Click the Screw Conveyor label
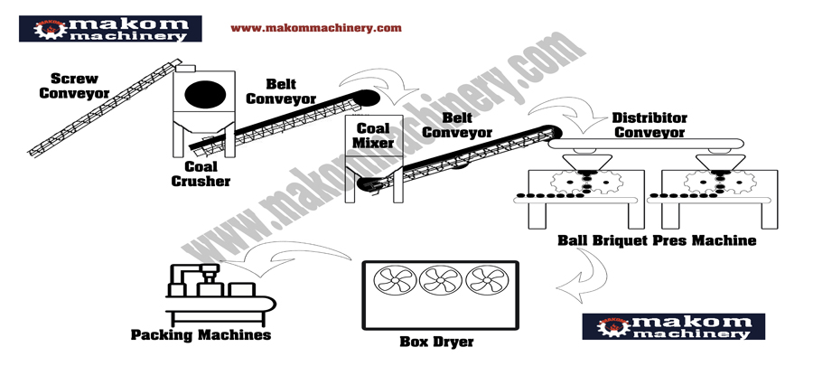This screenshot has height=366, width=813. (74, 85)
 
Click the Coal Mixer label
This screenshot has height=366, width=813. (372, 136)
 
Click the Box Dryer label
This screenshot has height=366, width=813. (436, 342)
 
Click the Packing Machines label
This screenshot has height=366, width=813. (201, 334)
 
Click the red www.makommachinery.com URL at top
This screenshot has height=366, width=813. (315, 28)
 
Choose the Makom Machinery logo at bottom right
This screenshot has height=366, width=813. (673, 325)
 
